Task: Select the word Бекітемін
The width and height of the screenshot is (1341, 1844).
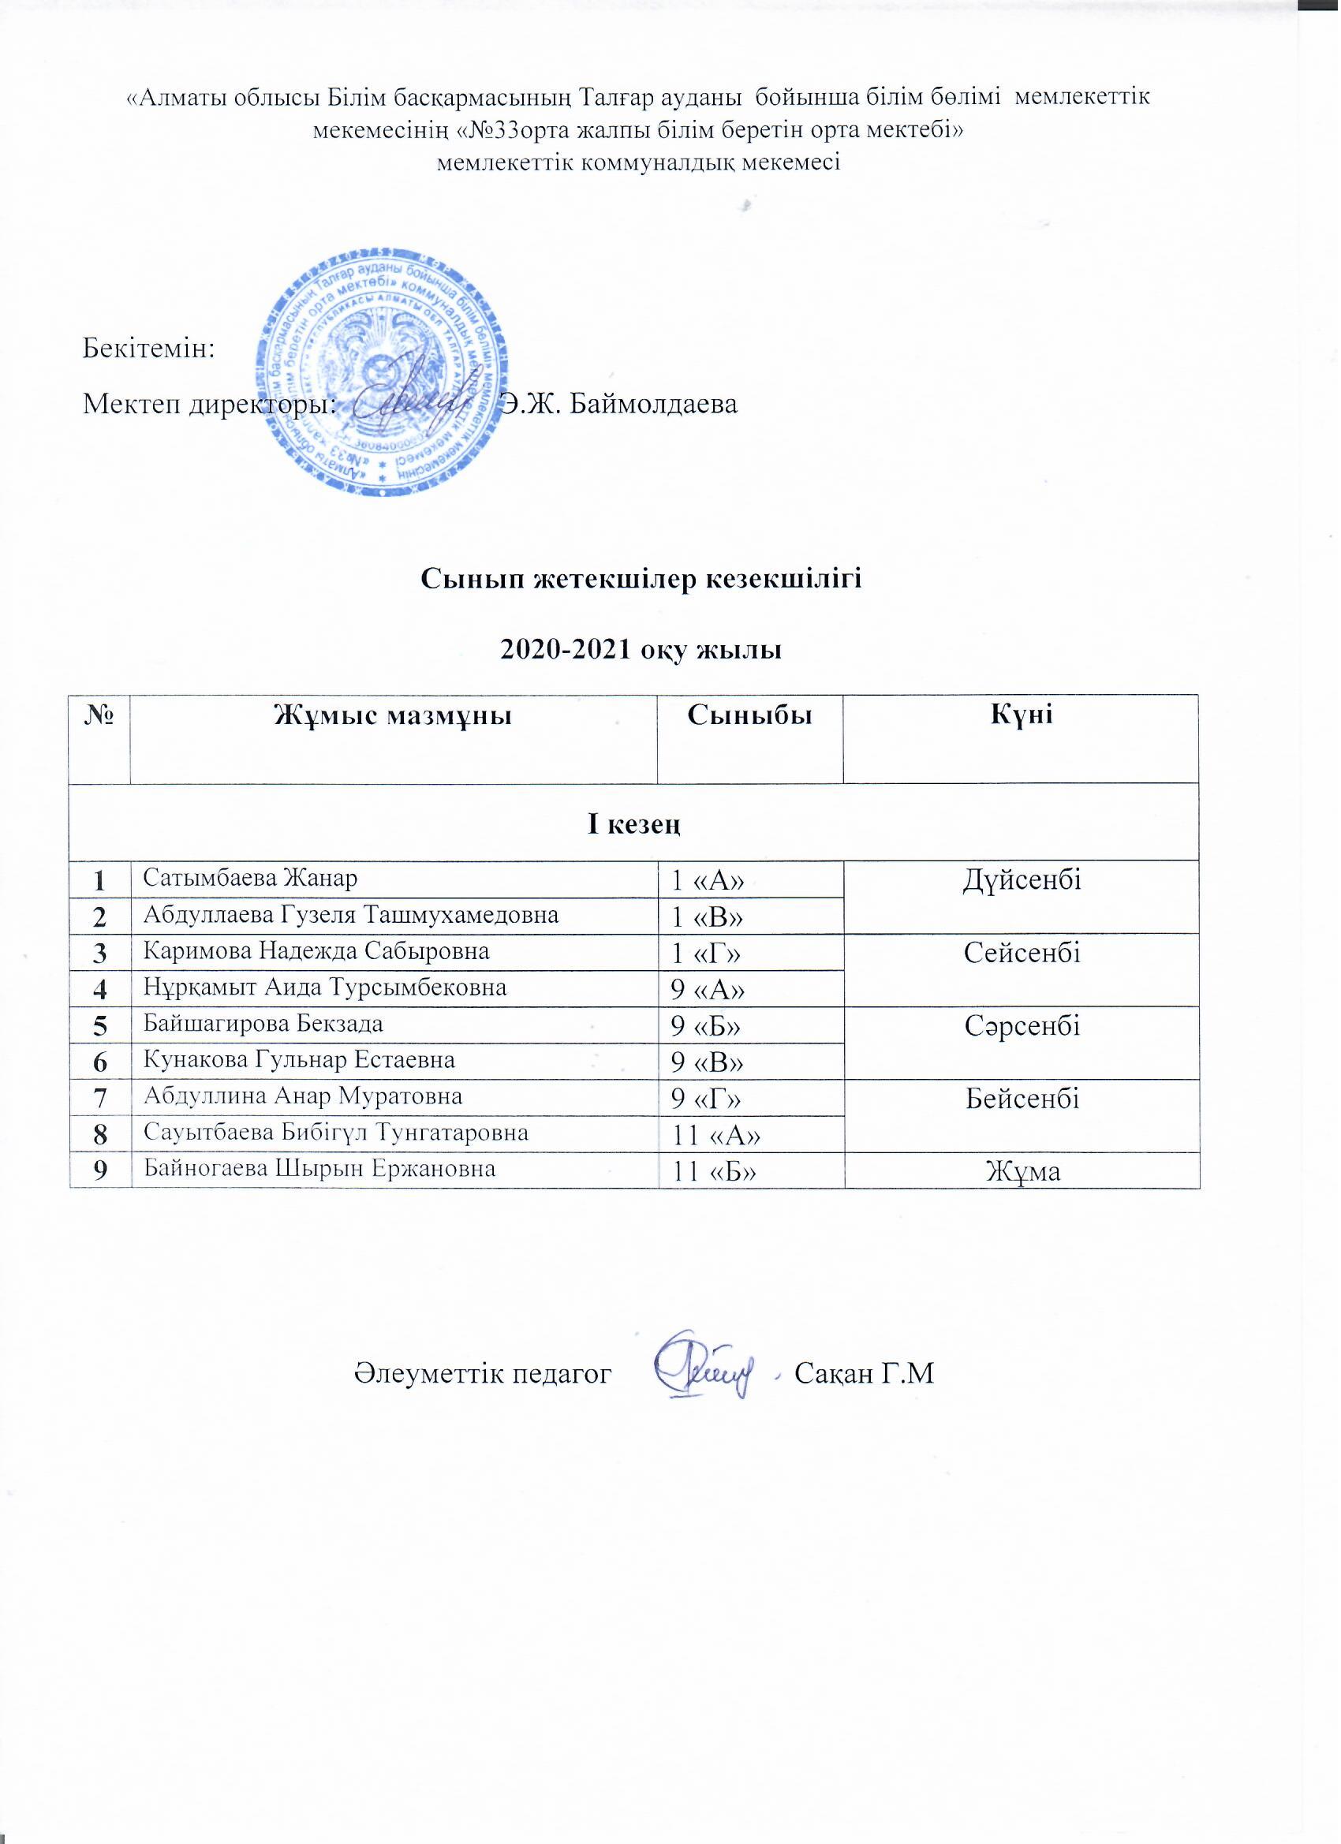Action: pos(149,349)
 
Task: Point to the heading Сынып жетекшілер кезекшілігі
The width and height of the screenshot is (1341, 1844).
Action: pos(641,579)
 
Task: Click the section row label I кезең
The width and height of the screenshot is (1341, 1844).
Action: pos(634,823)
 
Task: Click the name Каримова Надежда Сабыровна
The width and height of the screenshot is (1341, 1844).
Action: pos(317,950)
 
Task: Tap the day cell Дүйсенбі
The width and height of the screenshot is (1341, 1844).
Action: pos(1022,880)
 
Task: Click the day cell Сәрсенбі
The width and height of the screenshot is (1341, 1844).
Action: pos(1022,1026)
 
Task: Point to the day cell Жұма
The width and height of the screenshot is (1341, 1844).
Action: pos(1022,1170)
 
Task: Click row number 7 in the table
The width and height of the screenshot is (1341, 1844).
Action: pos(100,1098)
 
